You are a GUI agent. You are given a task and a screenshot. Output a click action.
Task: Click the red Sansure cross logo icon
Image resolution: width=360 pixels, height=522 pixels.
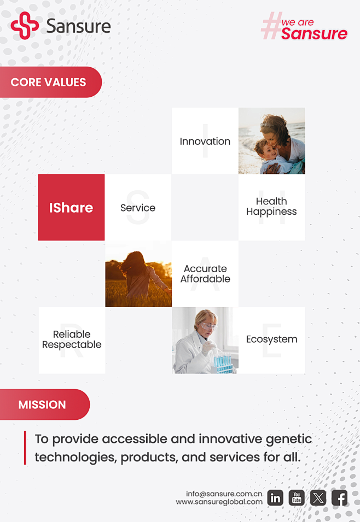click(x=25, y=26)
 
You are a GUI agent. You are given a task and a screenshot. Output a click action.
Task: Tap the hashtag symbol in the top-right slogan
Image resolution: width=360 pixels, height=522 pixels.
click(x=271, y=26)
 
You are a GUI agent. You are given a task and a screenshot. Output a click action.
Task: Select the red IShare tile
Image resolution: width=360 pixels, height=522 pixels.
click(x=71, y=207)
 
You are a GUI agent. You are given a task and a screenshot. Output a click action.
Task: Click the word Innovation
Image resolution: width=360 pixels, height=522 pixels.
click(x=205, y=142)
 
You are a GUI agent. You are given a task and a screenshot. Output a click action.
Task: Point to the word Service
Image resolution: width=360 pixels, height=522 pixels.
click(x=138, y=208)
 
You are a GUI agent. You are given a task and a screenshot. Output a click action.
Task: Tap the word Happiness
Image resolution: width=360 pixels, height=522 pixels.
click(x=271, y=212)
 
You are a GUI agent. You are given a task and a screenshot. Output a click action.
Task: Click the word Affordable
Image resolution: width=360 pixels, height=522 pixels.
click(x=205, y=279)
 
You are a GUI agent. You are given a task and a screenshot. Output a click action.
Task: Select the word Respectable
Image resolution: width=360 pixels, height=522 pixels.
click(x=72, y=344)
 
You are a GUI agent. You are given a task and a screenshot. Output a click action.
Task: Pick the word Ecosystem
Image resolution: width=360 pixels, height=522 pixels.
click(x=272, y=339)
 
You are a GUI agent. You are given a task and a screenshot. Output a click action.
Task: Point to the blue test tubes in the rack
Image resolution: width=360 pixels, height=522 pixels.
click(x=223, y=362)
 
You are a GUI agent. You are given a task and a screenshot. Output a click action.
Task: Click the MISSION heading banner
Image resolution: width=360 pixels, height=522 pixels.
click(x=45, y=404)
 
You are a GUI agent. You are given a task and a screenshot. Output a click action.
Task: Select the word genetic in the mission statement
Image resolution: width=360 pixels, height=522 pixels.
click(x=289, y=439)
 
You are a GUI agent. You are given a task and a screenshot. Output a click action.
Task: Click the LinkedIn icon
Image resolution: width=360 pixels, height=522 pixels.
click(x=275, y=498)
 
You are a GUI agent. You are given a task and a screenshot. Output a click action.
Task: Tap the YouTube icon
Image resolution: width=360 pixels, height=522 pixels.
click(x=297, y=498)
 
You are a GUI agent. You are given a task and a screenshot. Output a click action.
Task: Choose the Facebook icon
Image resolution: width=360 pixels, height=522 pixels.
click(x=340, y=498)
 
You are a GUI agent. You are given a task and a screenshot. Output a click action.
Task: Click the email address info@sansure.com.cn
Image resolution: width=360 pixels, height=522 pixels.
click(x=224, y=494)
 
